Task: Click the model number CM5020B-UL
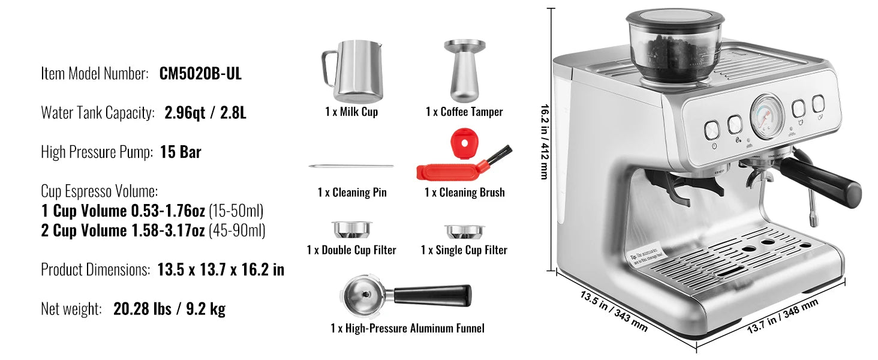click(200, 74)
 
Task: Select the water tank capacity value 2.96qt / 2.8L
click(205, 113)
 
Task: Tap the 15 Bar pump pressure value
click(181, 152)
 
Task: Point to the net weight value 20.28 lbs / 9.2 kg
click(169, 310)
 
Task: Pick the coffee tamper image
click(464, 71)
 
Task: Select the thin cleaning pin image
click(351, 166)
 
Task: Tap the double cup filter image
click(351, 229)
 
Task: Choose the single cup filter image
click(464, 231)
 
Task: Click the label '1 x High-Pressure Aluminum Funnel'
click(407, 328)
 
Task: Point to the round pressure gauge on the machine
click(766, 116)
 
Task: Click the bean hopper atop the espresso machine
click(675, 45)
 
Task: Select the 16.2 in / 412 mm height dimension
click(545, 141)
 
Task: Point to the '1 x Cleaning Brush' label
click(464, 193)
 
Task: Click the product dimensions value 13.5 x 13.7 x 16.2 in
click(221, 270)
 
